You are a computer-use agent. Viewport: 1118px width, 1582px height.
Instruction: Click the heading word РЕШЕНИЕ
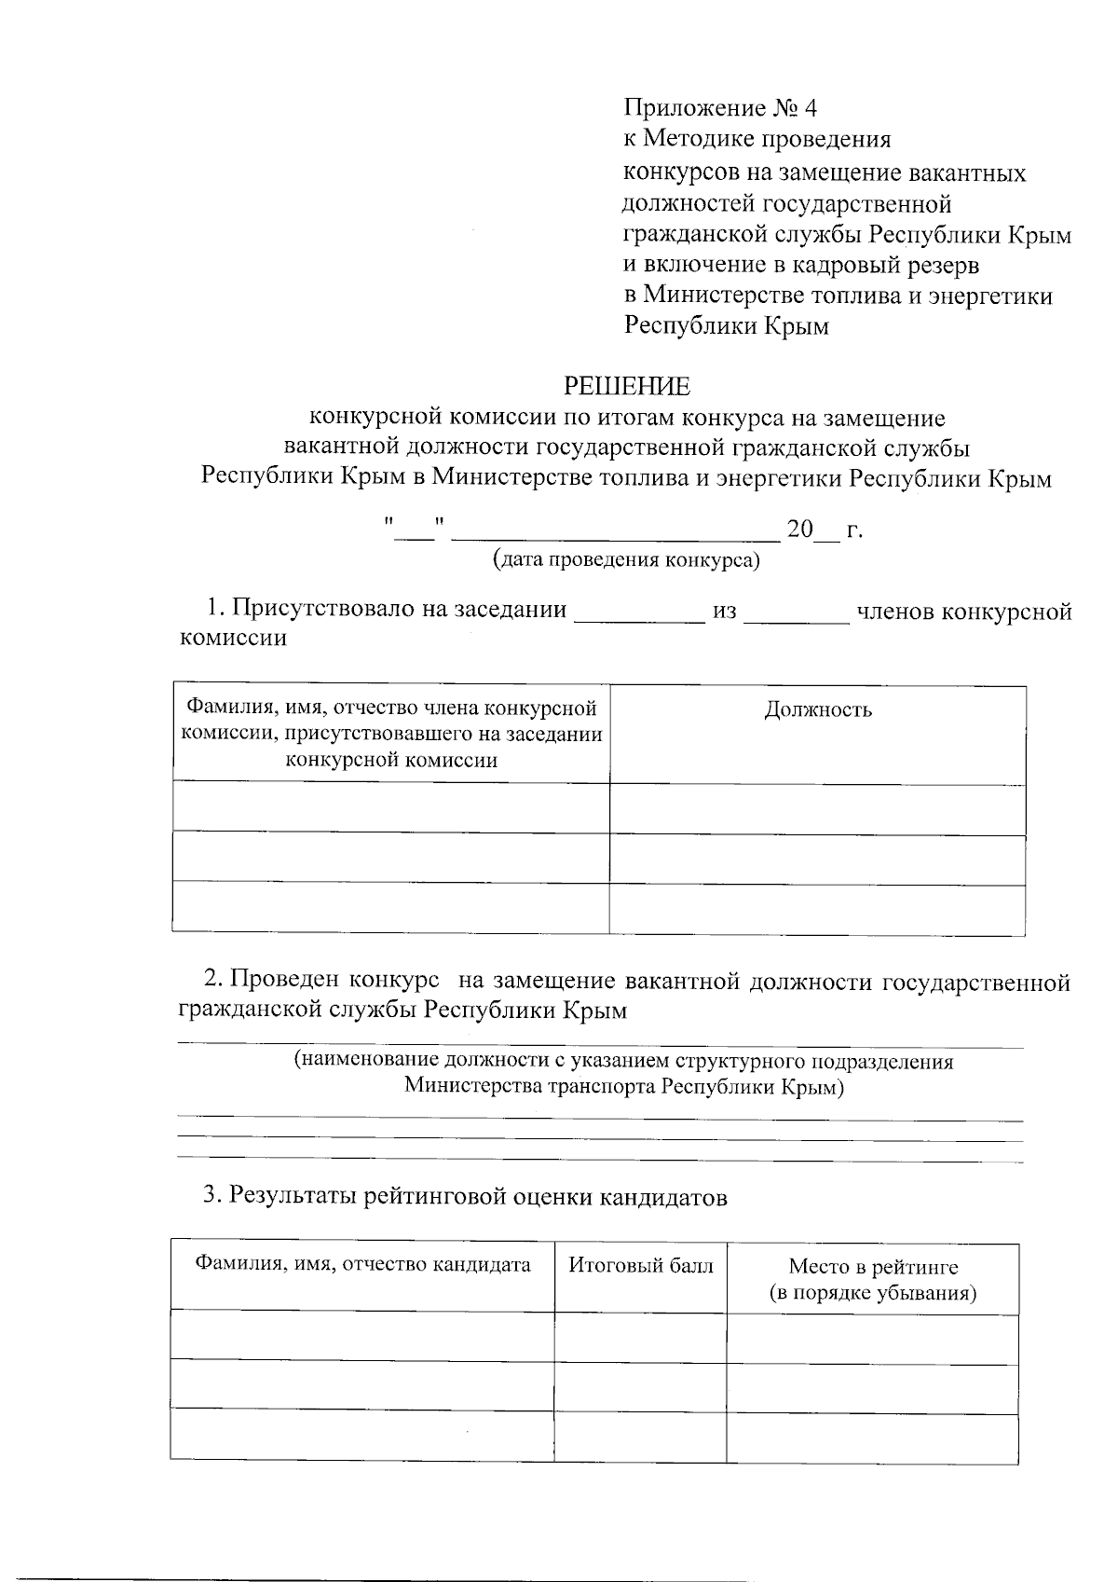[627, 385]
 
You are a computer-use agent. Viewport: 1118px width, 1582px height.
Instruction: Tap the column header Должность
[818, 710]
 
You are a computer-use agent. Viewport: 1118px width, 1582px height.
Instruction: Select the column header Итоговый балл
[641, 1265]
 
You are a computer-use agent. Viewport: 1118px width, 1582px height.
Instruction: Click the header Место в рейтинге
[873, 1266]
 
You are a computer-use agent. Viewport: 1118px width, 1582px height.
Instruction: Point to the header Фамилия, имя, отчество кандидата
[362, 1265]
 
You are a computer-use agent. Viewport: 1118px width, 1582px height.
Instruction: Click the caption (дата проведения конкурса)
[626, 560]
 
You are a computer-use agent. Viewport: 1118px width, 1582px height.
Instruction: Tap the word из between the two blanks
[725, 612]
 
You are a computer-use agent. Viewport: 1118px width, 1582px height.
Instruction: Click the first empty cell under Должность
[817, 810]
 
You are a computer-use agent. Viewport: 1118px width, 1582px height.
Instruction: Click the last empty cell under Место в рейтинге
[872, 1437]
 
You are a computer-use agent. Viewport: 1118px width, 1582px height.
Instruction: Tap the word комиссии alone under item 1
[233, 639]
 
